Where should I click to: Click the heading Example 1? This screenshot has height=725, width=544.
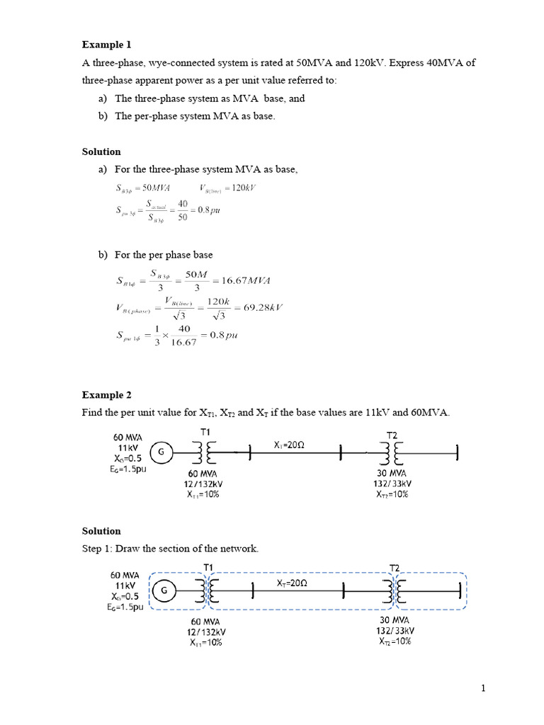pyautogui.click(x=107, y=45)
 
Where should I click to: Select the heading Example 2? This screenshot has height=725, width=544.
pyautogui.click(x=107, y=394)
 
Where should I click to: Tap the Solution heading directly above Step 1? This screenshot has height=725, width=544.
pyautogui.click(x=101, y=530)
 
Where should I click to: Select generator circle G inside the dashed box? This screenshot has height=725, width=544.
pyautogui.click(x=164, y=590)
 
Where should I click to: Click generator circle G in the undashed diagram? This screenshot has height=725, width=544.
pyautogui.click(x=160, y=452)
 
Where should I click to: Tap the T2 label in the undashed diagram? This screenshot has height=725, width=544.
pyautogui.click(x=392, y=435)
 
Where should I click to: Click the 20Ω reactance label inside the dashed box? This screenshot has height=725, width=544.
pyautogui.click(x=291, y=583)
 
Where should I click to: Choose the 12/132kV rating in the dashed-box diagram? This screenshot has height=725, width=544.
pyautogui.click(x=208, y=632)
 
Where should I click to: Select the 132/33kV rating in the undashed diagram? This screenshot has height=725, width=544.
pyautogui.click(x=392, y=484)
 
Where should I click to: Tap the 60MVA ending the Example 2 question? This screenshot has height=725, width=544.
pyautogui.click(x=431, y=412)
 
